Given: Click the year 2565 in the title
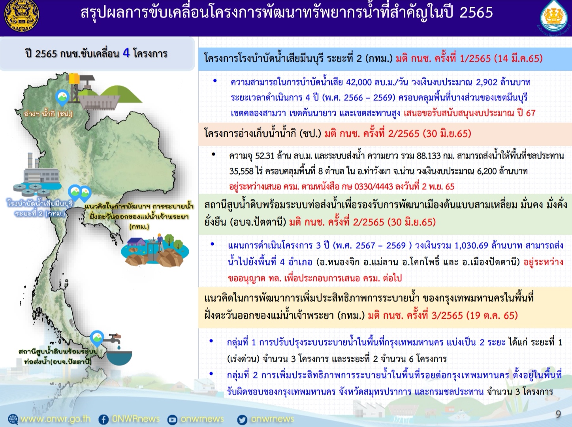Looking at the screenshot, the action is (x=476, y=13).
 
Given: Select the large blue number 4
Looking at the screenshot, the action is (x=126, y=53).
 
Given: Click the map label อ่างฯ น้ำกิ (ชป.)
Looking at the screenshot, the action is (x=48, y=114).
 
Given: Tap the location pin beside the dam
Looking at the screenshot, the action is (x=62, y=98).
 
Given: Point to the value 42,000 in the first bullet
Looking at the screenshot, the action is (x=359, y=82).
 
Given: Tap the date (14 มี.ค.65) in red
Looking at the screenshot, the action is (x=519, y=58).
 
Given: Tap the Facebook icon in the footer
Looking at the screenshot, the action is (x=103, y=419).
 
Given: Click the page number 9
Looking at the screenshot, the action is (x=558, y=414).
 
